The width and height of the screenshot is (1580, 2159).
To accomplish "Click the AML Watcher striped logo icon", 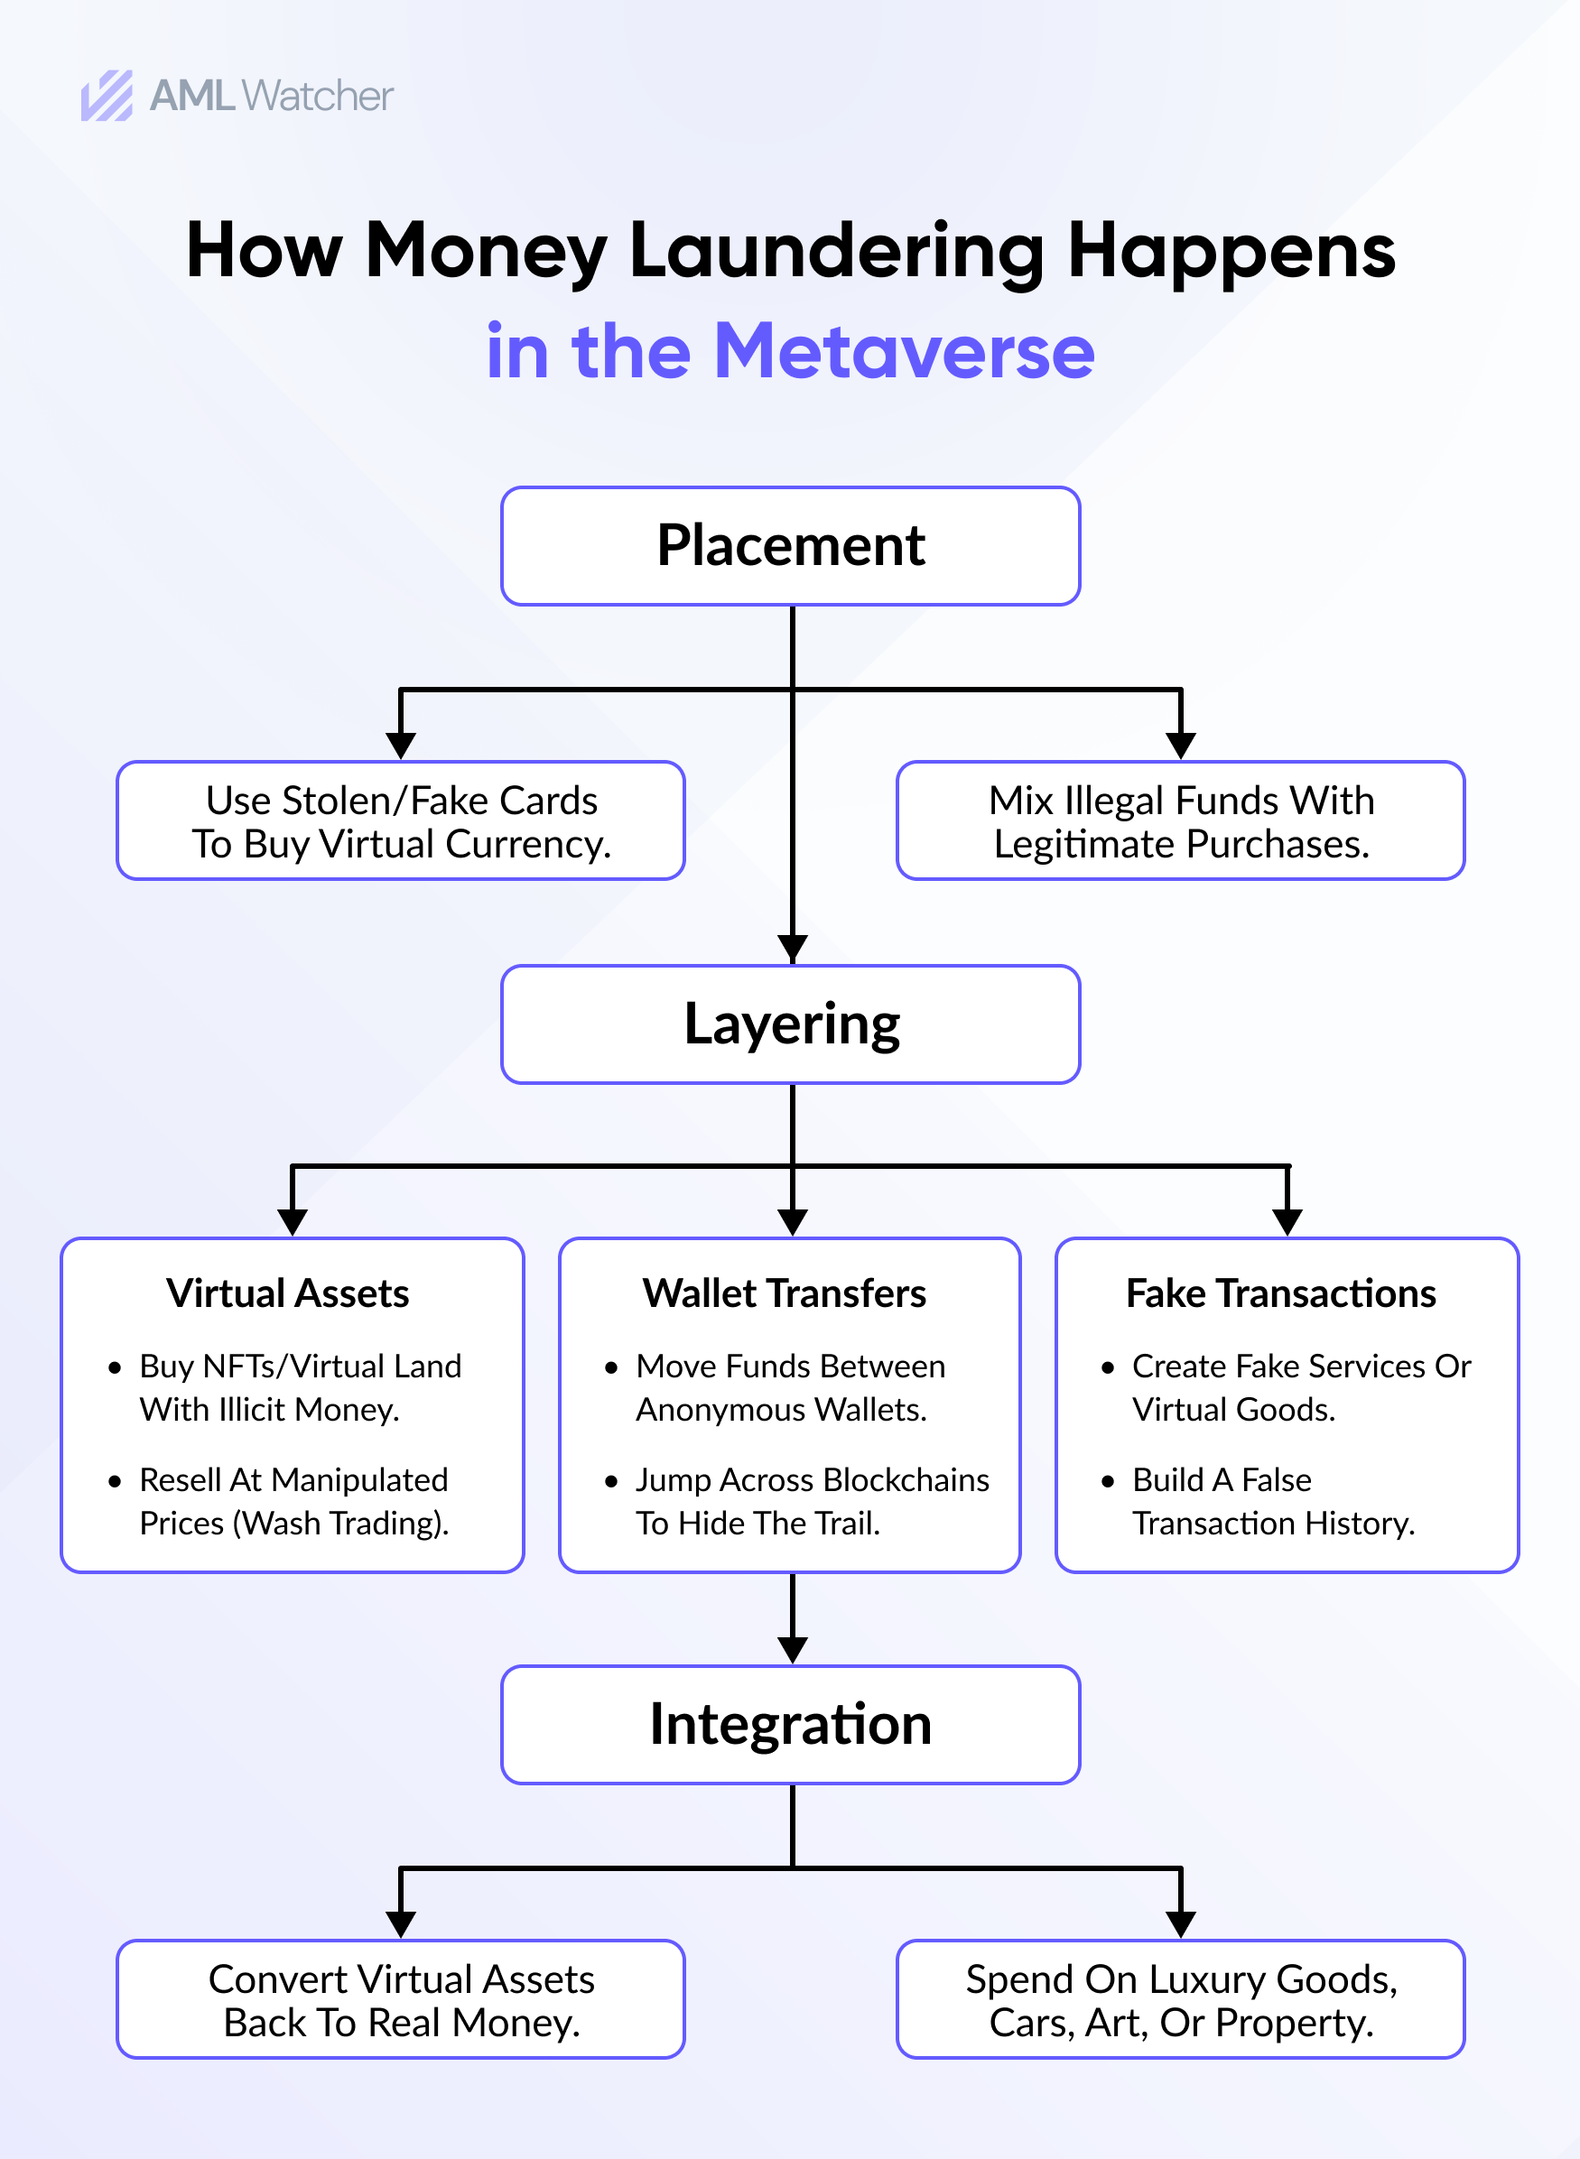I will (107, 96).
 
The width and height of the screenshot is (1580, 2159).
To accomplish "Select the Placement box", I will (790, 546).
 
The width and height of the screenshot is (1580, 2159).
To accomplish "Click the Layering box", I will (790, 1024).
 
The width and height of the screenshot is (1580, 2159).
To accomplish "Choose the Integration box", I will (790, 1724).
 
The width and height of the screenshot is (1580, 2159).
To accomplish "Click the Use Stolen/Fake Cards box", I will (401, 820).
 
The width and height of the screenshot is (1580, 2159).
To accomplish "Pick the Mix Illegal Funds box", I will (1180, 820).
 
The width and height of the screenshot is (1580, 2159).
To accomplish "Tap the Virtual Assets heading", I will (288, 1293).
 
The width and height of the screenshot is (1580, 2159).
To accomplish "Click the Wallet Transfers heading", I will (785, 1293).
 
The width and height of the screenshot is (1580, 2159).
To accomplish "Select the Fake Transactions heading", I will (1280, 1293).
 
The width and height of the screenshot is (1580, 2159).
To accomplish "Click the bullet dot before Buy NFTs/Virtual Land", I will (115, 1368).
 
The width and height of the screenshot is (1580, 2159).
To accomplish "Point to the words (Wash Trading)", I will (341, 1524).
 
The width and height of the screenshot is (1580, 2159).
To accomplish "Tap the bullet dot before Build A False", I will (1108, 1482).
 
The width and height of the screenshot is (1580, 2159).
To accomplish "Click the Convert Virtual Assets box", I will (401, 1999).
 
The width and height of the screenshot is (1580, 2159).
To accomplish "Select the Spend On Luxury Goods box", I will (1180, 1999).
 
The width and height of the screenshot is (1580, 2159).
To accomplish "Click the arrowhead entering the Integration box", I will (793, 1649).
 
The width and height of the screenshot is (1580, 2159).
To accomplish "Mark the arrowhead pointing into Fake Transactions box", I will (1287, 1222).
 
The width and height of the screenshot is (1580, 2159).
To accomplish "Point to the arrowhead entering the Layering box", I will (793, 949).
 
